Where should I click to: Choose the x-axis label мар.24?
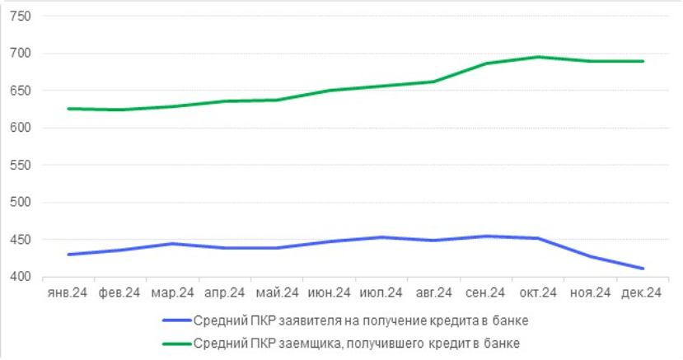pos(171,292)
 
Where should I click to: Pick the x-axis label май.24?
pos(276,292)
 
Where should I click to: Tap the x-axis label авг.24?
pos(433,292)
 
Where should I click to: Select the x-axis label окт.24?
pos(538,292)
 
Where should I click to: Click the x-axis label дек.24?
pos(643,292)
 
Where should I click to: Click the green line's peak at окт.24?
pos(538,57)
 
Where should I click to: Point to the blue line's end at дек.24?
pos(643,269)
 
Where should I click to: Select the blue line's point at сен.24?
pos(486,236)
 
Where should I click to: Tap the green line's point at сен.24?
pos(486,63)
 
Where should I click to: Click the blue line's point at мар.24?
pos(171,244)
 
